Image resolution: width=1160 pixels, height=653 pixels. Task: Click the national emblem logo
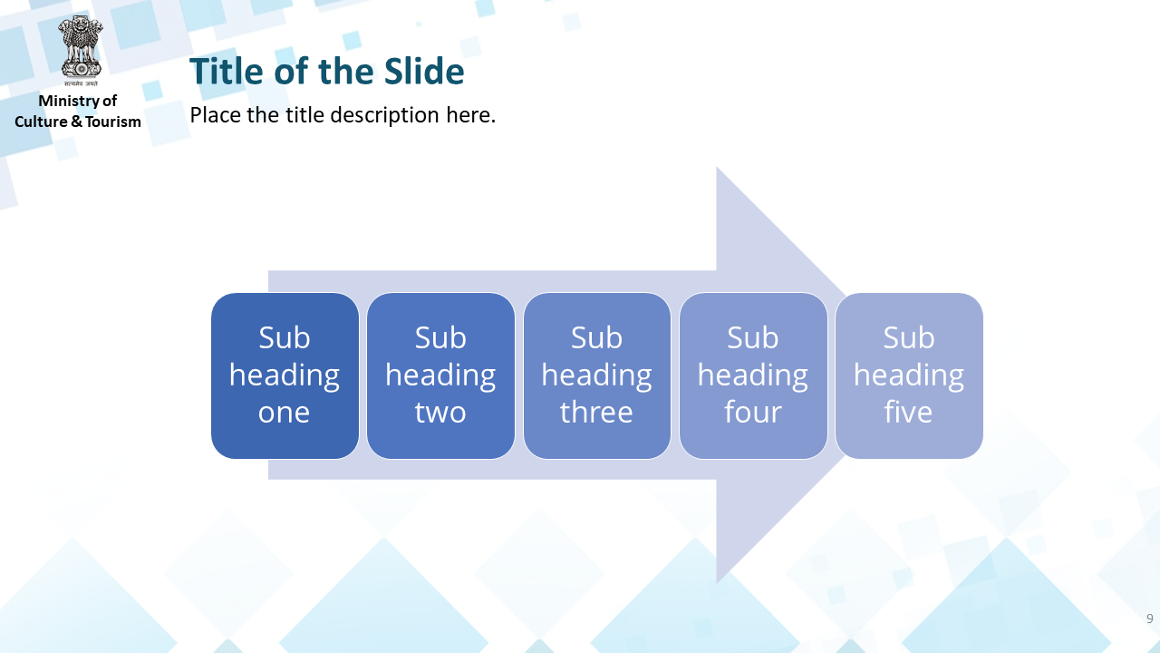pos(81,50)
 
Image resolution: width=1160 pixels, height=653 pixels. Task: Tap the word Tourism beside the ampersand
pos(113,122)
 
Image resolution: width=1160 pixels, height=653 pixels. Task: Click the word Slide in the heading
pos(424,71)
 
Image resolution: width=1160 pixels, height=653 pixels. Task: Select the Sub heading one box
pos(285,375)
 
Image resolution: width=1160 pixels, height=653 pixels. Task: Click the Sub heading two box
pos(440,375)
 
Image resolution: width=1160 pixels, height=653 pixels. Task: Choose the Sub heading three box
pos(596,375)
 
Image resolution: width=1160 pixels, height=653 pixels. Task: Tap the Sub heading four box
pos(753,375)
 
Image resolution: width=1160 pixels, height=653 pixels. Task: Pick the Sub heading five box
pos(909,375)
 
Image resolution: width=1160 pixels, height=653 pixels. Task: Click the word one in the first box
pos(285,413)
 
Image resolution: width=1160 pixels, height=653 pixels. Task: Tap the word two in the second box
pos(440,412)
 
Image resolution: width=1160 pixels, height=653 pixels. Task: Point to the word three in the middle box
pos(596,412)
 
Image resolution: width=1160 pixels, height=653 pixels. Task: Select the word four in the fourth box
pos(753,412)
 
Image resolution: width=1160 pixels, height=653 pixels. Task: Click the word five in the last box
pos(908,412)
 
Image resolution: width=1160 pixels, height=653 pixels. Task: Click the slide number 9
pos(1150,619)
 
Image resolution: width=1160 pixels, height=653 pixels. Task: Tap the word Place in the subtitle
pos(216,115)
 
